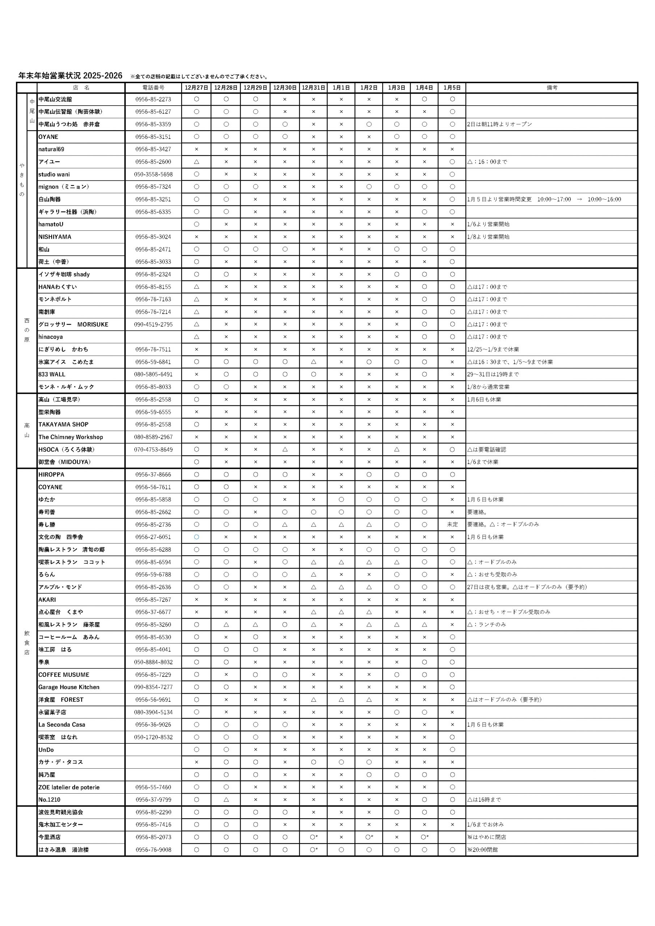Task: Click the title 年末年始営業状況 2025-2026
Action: tap(70, 76)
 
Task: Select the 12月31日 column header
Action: tap(313, 88)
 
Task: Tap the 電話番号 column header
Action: tap(153, 88)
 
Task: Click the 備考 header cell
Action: tap(552, 88)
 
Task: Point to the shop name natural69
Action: tap(51, 149)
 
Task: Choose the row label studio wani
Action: tap(54, 174)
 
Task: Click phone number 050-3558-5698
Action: tap(153, 174)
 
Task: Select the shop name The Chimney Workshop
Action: tap(71, 437)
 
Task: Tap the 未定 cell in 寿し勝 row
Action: tap(452, 524)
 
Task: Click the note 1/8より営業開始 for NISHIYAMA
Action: tap(488, 237)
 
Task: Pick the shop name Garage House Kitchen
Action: tap(69, 687)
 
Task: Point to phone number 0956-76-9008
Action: tap(153, 849)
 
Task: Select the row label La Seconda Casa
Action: tap(62, 725)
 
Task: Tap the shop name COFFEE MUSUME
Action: tap(64, 674)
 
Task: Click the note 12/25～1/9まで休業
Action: tap(493, 349)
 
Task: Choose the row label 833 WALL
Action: tap(52, 374)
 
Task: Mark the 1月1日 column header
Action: tap(341, 88)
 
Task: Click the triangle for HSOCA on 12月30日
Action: tap(285, 449)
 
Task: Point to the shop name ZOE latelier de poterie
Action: tap(69, 787)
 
